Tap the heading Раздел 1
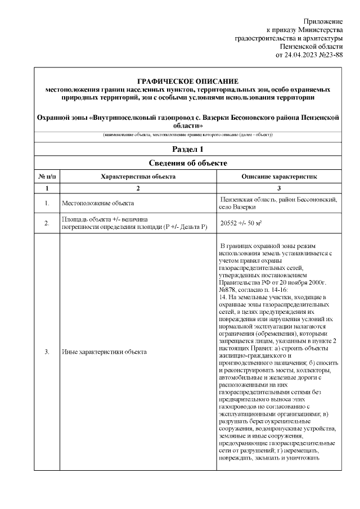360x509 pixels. pyautogui.click(x=188, y=149)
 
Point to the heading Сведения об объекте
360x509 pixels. pyautogui.click(x=188, y=163)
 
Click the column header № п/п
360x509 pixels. pyautogui.click(x=47, y=177)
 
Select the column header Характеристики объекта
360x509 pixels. pyautogui.click(x=138, y=177)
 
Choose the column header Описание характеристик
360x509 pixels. pyautogui.click(x=279, y=177)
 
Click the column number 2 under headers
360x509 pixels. pyautogui.click(x=138, y=188)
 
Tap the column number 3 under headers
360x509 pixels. pyautogui.click(x=279, y=188)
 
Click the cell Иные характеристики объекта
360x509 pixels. pyautogui.click(x=104, y=352)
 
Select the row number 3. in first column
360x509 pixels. pyautogui.click(x=47, y=352)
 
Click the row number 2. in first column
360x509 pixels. pyautogui.click(x=47, y=223)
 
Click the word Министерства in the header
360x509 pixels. pyautogui.click(x=321, y=29)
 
